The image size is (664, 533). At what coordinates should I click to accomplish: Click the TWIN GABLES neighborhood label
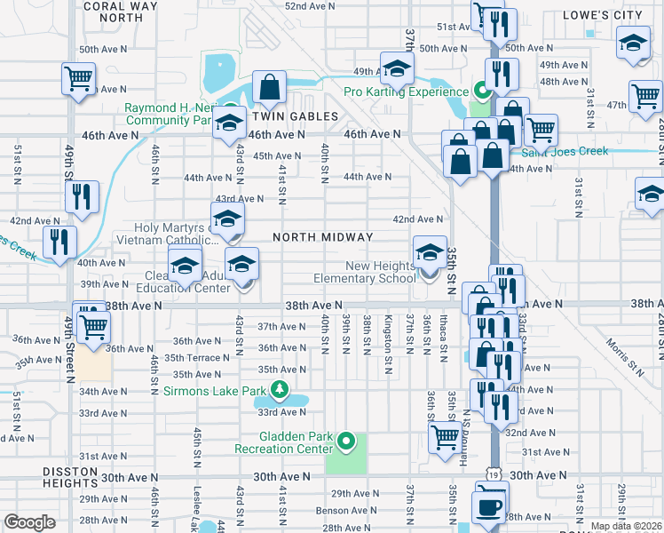pyautogui.click(x=295, y=116)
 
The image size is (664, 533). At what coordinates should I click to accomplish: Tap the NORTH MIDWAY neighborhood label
pyautogui.click(x=323, y=237)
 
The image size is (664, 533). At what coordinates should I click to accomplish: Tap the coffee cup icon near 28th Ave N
pyautogui.click(x=486, y=506)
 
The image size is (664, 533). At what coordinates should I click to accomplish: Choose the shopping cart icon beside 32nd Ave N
pyautogui.click(x=445, y=435)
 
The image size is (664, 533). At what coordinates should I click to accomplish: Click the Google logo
pyautogui.click(x=29, y=522)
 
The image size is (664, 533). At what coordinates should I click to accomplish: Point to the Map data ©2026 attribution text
pyautogui.click(x=626, y=526)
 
